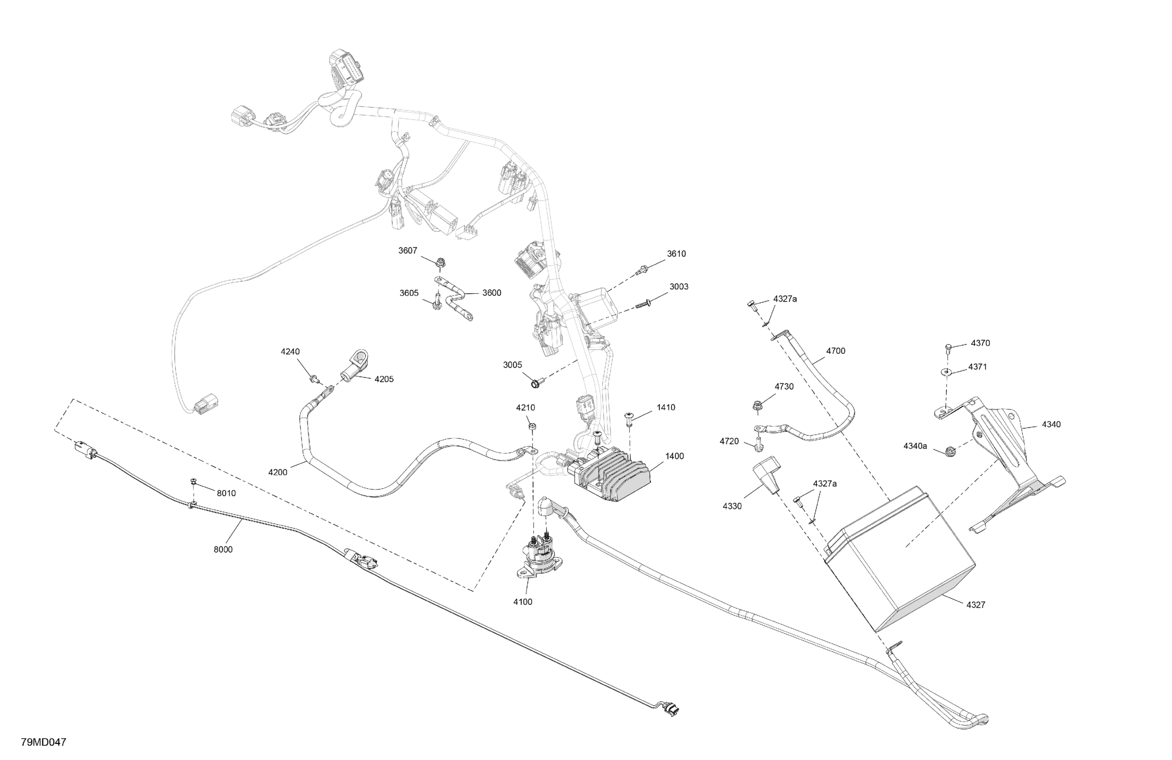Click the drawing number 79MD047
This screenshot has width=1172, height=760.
(x=43, y=742)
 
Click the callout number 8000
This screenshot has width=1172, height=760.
(x=223, y=550)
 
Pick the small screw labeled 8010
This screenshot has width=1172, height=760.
(x=193, y=481)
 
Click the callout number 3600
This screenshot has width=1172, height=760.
(x=491, y=293)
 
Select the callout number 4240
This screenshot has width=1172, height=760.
(x=290, y=352)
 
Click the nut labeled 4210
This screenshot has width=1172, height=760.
(x=532, y=426)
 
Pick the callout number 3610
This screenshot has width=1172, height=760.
(x=676, y=254)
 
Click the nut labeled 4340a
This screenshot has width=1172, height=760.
(x=950, y=450)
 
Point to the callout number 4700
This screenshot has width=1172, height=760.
(x=836, y=351)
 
